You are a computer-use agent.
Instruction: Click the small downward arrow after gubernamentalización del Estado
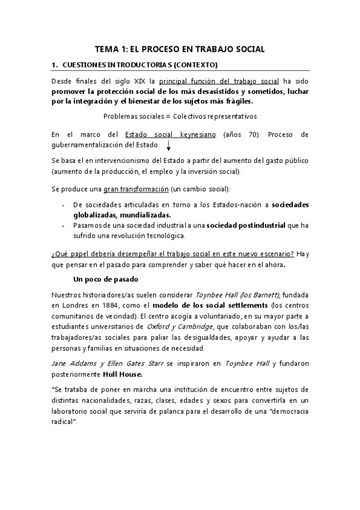(x=168, y=146)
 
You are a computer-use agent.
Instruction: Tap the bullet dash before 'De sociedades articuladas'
(x=64, y=204)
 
